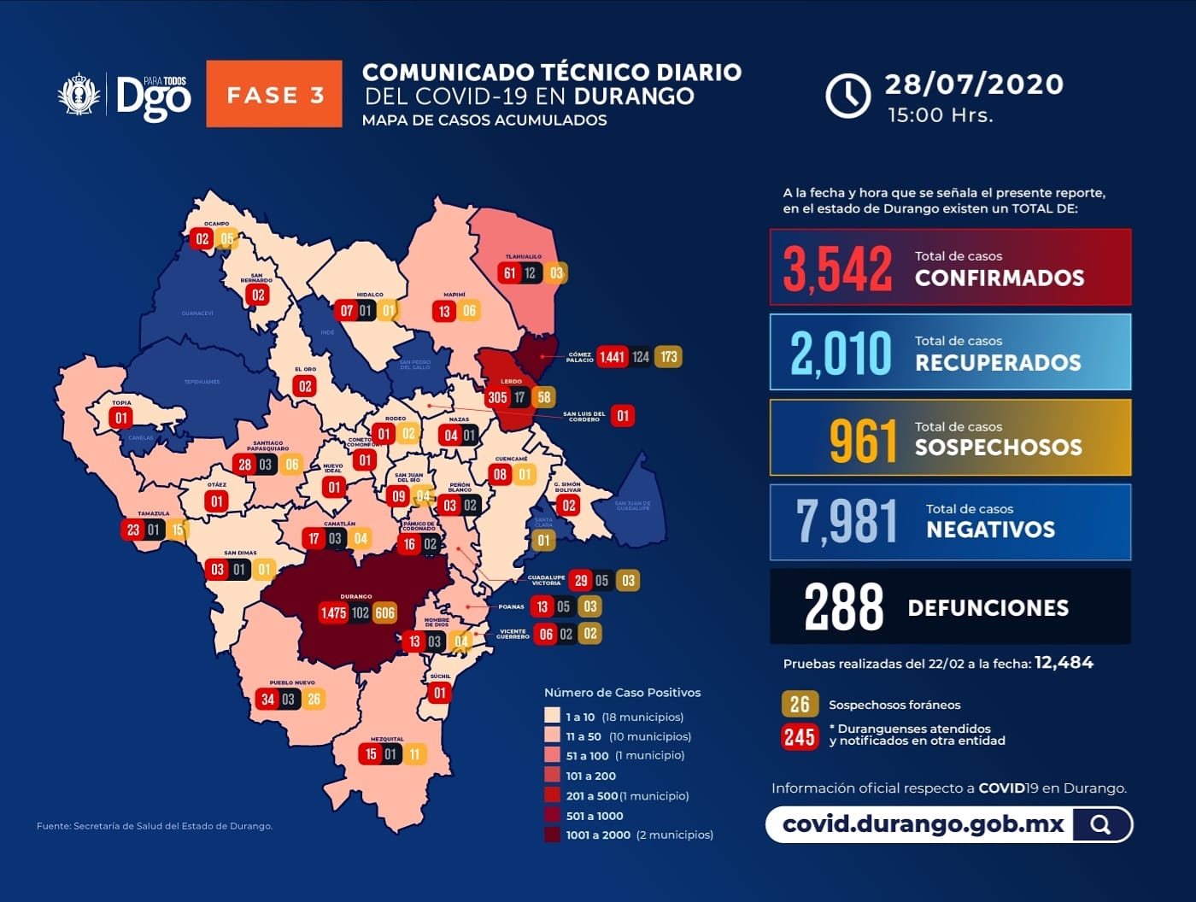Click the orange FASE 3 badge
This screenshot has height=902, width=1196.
coord(274,94)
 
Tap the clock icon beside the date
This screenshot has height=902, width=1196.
coord(847,95)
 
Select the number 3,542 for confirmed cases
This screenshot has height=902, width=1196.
coord(838,268)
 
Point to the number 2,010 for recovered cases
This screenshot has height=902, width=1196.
coord(841,352)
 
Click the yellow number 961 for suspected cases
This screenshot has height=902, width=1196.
coord(863,440)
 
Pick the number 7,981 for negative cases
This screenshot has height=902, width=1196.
coord(847,521)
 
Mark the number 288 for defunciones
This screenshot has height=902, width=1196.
coord(844,607)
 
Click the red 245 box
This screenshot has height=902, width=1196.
coord(800,736)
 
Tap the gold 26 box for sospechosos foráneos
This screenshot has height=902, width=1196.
coord(800,705)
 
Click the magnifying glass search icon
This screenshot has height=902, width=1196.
coord(1100,824)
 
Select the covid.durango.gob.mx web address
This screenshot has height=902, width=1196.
coord(923,824)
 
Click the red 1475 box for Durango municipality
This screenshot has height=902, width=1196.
coord(333,612)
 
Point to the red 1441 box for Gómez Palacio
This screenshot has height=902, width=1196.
coord(612,357)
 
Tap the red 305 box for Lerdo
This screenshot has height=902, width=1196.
coord(497,397)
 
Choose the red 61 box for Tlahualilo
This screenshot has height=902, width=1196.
coord(510,273)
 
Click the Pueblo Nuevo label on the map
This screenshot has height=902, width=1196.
coord(292,682)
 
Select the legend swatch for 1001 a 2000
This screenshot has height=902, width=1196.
coord(553,835)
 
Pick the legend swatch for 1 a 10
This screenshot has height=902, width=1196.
coord(553,716)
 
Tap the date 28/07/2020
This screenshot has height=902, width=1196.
coord(974,84)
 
